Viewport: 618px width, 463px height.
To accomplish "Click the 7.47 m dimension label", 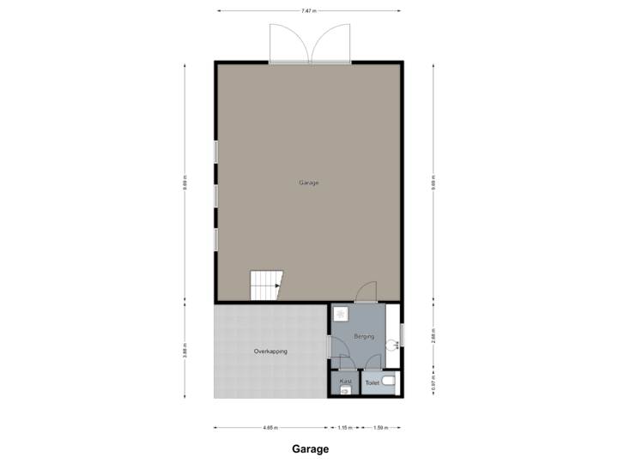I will [x=309, y=11].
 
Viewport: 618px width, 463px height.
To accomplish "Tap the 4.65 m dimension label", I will [x=270, y=427].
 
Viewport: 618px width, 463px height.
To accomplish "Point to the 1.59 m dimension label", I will [x=379, y=427].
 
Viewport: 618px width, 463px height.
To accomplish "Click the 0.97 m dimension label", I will [x=433, y=382].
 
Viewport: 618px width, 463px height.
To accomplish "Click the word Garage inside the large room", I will [x=309, y=183].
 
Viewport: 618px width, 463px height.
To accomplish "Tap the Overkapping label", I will [x=270, y=352].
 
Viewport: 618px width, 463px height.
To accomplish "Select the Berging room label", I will [x=364, y=337].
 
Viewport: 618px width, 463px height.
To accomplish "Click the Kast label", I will [x=346, y=381].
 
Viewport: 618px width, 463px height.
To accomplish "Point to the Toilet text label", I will [x=372, y=383].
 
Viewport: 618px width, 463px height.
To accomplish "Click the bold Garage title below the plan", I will [x=309, y=448].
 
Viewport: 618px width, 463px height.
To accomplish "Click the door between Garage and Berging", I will [x=366, y=293].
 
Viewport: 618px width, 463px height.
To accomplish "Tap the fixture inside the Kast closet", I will [x=346, y=390].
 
